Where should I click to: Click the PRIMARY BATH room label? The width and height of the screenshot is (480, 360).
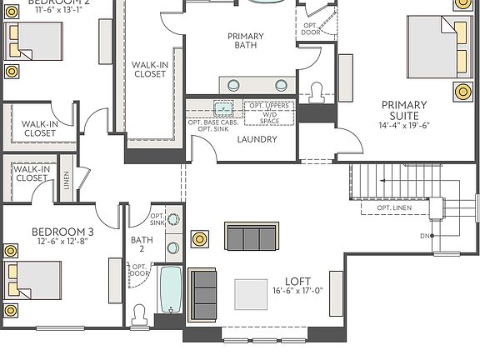point(245,42)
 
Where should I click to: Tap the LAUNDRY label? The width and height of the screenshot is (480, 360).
point(256,139)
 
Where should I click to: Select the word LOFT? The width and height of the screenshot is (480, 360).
point(298,281)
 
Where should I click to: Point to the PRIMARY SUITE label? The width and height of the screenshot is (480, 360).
point(404,110)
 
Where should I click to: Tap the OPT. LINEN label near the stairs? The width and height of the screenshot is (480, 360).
point(393,207)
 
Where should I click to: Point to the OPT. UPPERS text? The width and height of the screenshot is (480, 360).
point(269,107)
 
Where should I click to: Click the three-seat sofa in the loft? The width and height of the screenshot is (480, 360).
point(251,238)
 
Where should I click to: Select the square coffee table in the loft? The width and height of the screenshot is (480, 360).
point(252,293)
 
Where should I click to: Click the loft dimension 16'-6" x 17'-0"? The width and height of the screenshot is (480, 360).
point(297,292)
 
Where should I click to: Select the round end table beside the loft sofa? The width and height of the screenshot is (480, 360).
point(200,239)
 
